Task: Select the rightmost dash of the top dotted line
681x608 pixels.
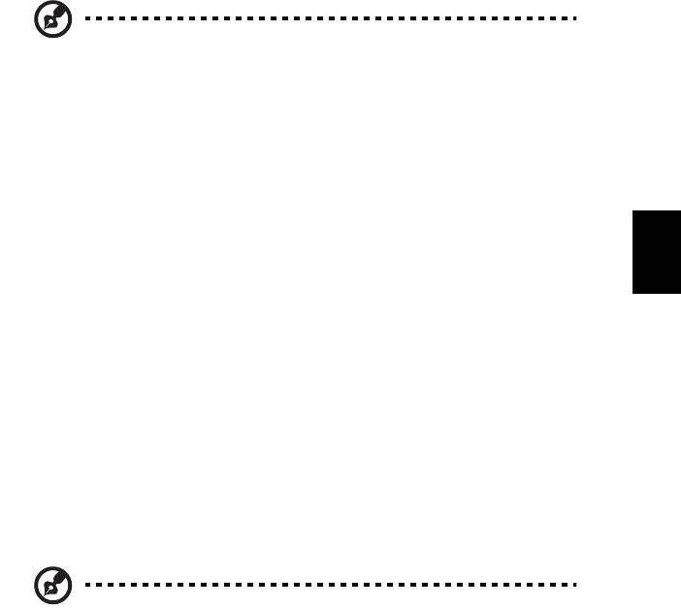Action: [575, 18]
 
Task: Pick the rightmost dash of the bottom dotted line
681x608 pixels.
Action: [575, 585]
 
